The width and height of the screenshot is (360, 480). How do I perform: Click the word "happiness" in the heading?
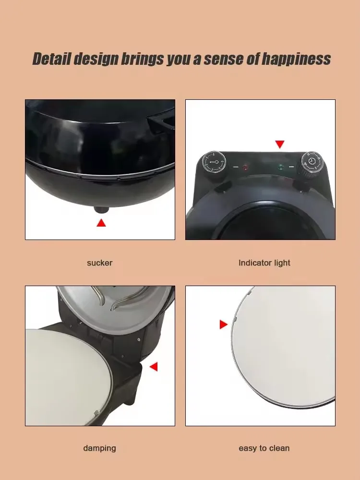296,59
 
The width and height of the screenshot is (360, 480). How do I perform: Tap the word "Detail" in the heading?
52,59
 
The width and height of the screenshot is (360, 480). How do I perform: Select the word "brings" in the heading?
142,59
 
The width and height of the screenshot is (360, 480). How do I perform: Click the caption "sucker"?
99,263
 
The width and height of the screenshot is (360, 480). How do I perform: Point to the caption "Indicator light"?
264,263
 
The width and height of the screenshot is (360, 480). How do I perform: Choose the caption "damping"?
99,448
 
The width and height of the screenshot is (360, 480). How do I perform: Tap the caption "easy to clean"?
264,448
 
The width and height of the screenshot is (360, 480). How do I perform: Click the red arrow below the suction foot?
101,223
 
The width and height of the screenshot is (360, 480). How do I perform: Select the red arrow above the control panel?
279,144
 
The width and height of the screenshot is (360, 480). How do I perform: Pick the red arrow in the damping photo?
154,366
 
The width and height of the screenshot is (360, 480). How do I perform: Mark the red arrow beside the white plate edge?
224,324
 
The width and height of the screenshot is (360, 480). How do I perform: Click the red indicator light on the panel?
245,167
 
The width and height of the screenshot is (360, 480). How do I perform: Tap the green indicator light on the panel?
281,167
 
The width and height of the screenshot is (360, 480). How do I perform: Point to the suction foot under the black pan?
101,210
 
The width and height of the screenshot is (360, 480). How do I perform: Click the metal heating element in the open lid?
120,297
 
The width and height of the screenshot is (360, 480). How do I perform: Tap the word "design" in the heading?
96,59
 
